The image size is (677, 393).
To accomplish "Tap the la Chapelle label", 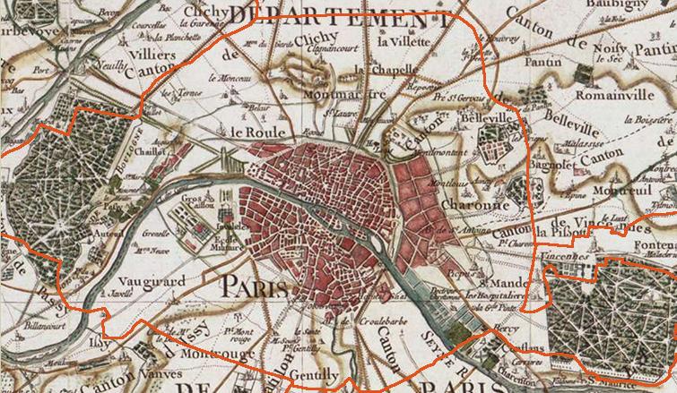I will pyautogui.click(x=381, y=70).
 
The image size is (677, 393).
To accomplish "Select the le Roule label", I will pyautogui.click(x=252, y=132).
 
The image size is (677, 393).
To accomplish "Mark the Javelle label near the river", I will pyautogui.click(x=122, y=292).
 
